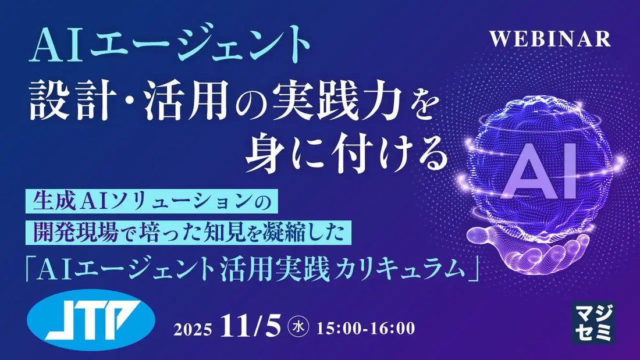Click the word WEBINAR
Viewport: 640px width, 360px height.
(x=550, y=38)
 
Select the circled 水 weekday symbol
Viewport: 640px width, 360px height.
(x=298, y=328)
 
